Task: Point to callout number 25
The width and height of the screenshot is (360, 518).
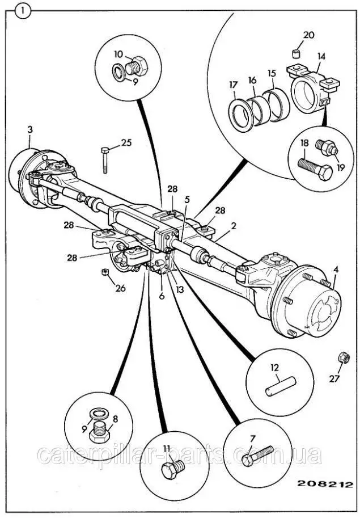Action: (126, 142)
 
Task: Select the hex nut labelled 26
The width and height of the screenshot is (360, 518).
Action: (105, 272)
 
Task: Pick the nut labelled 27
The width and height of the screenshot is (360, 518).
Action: (344, 358)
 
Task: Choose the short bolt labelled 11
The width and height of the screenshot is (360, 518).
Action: (171, 470)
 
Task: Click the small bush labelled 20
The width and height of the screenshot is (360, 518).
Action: (295, 54)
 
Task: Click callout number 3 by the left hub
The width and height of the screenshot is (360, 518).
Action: (30, 130)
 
